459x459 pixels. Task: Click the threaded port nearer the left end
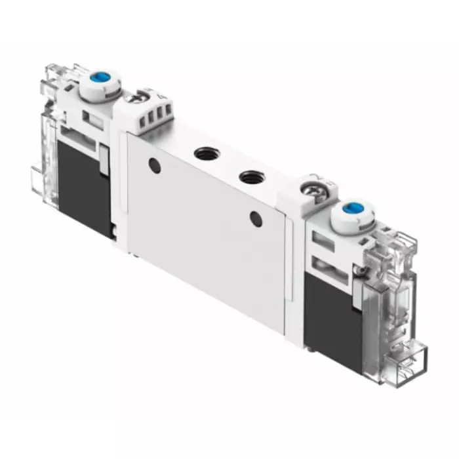(x=202, y=154)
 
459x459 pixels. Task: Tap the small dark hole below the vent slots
(x=155, y=165)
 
